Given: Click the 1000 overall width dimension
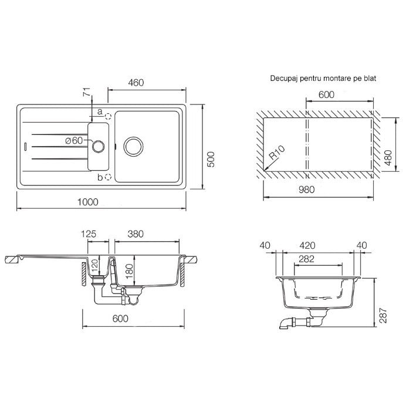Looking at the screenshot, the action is click(x=88, y=202).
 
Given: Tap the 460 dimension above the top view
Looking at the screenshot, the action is click(x=136, y=83).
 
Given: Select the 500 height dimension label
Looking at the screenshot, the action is click(x=211, y=160).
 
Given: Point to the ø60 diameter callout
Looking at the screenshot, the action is click(x=74, y=141).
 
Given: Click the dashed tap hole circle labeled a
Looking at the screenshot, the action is click(x=108, y=117).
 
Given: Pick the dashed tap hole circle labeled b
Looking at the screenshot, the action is click(x=108, y=177).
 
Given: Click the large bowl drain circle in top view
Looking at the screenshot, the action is click(x=133, y=146).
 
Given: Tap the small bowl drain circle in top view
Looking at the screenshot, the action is click(x=98, y=147).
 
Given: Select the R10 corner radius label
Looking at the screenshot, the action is click(x=277, y=153).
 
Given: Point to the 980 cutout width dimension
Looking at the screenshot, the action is click(x=307, y=189).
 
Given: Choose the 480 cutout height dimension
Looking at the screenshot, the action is click(x=388, y=158).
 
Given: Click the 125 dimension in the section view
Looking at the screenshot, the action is click(x=89, y=234).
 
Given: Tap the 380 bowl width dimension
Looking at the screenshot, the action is click(x=136, y=234).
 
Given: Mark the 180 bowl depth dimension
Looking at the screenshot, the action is click(x=129, y=271).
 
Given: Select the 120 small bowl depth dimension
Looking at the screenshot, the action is click(x=95, y=266).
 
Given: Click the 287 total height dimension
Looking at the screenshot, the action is click(x=383, y=316).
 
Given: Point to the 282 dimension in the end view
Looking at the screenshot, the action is click(x=307, y=259).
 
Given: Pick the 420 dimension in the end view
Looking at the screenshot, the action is click(x=307, y=245).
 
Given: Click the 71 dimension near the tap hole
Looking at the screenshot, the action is click(x=87, y=92).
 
